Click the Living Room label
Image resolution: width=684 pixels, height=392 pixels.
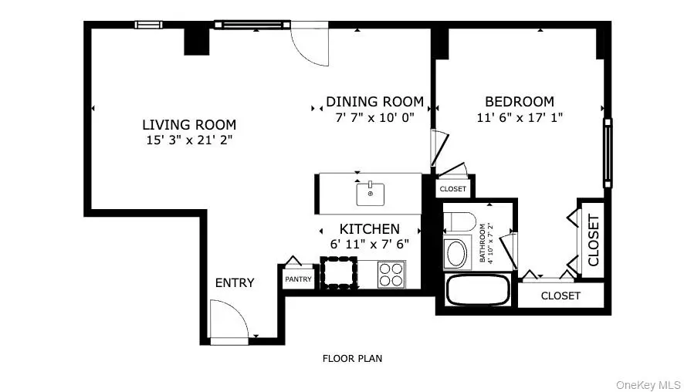point(189,125)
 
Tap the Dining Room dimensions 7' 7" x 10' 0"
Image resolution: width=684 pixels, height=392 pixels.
point(374,117)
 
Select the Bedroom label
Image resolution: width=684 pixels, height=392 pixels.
point(520,102)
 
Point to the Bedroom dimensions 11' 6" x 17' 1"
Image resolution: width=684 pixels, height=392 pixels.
point(520,117)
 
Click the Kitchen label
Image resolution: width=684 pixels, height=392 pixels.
point(370,229)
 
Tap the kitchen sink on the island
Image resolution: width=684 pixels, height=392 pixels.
point(371,194)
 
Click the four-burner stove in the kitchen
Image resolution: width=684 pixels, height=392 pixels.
point(391,274)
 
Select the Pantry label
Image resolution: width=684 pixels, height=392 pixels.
point(298,279)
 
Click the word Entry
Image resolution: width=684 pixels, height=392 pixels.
point(235,282)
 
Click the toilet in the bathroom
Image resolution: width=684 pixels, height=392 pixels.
point(460,222)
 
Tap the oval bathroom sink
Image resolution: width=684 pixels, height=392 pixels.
point(457,253)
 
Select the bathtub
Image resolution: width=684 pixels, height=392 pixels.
point(478,289)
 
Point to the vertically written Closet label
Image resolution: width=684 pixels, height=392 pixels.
point(594,240)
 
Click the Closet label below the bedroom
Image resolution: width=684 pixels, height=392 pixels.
point(560,296)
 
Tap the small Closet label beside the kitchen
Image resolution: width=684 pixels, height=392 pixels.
point(453,189)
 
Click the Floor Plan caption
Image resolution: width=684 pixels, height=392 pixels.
point(353,358)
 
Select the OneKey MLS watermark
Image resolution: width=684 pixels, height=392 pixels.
point(648,385)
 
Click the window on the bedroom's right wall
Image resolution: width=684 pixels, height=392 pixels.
point(608,153)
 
